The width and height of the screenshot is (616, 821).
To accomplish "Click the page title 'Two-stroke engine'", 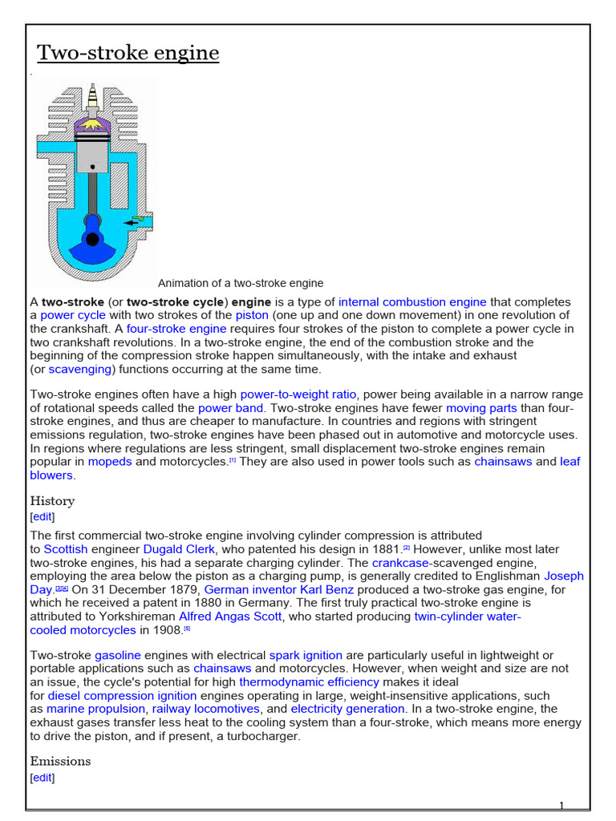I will pos(128,53).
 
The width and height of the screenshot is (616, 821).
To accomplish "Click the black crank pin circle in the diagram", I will pos(93,238).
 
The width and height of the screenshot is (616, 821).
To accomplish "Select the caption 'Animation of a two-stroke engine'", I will pos(241,283).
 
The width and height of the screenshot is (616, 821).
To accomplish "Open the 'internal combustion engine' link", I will pos(412,302).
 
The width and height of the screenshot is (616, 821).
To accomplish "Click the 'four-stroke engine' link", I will pos(176,329).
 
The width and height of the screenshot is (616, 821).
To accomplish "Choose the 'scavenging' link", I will pos(80,369).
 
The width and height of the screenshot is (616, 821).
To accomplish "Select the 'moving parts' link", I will pos(481,408).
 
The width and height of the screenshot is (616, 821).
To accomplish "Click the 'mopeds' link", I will pos(110,462).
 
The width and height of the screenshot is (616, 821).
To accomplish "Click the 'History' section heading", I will pos(52,501).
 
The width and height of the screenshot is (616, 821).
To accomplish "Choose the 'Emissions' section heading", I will pos(60,761).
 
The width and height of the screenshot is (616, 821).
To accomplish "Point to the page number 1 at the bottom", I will pos(562,806).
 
